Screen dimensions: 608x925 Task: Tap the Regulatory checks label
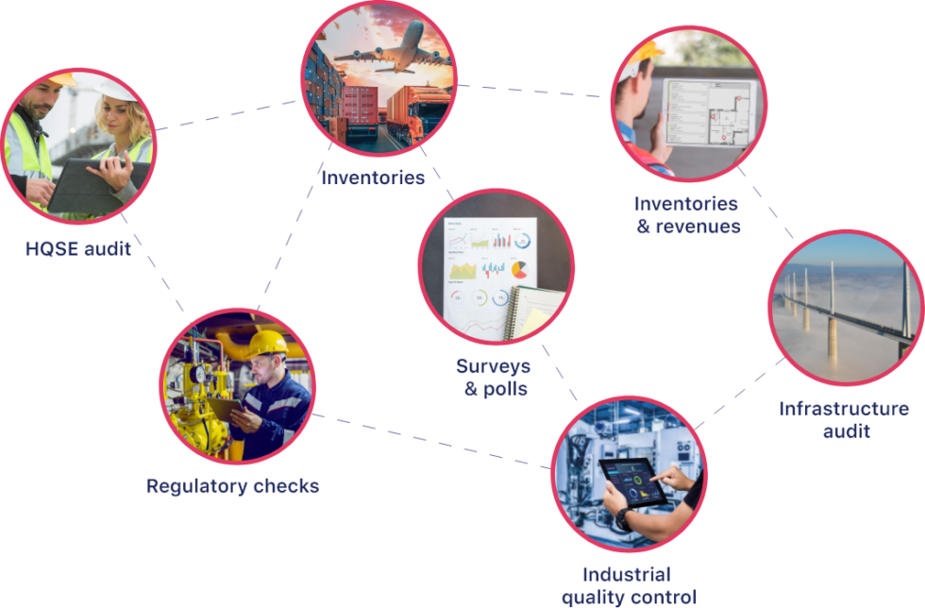click(232, 486)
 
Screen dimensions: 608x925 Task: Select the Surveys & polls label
click(493, 377)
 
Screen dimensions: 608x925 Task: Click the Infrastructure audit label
click(844, 419)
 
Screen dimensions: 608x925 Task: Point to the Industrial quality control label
click(628, 585)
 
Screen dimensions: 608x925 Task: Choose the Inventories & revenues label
click(686, 214)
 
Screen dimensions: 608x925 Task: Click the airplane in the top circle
click(392, 52)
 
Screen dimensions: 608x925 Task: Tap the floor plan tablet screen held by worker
click(708, 111)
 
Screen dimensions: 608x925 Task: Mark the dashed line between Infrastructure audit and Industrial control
click(741, 393)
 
